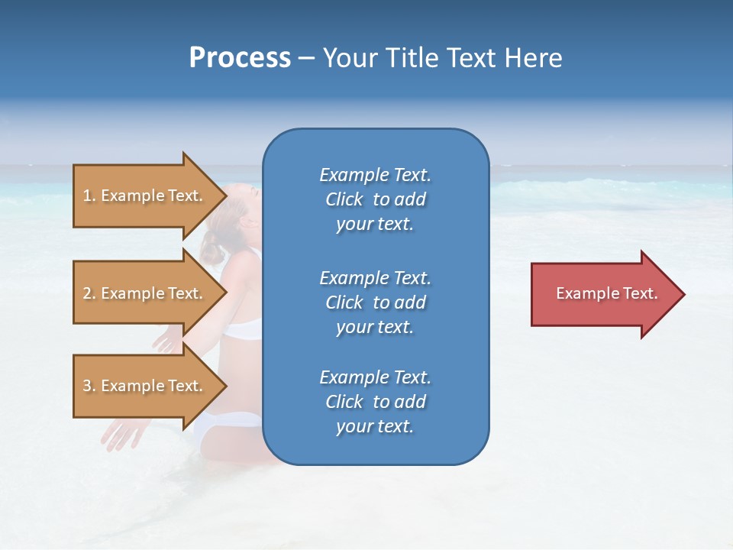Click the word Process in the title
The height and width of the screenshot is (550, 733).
pyautogui.click(x=240, y=58)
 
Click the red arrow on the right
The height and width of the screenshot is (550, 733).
pyautogui.click(x=603, y=294)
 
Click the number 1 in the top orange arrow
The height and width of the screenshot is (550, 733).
pyautogui.click(x=87, y=196)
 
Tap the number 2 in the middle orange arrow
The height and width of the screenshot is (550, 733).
pyautogui.click(x=87, y=293)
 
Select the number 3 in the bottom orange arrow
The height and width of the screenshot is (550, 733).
pyautogui.click(x=87, y=386)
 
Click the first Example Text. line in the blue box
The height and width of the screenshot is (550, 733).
pyautogui.click(x=375, y=175)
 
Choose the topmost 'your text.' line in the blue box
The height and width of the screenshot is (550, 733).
pyautogui.click(x=375, y=224)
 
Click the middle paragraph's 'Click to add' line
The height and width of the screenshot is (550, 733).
pyautogui.click(x=375, y=302)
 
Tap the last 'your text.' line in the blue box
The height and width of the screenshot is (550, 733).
pyautogui.click(x=375, y=426)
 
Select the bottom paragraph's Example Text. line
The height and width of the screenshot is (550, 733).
pyautogui.click(x=375, y=377)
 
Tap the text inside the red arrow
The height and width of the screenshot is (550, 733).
pyautogui.click(x=606, y=293)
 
